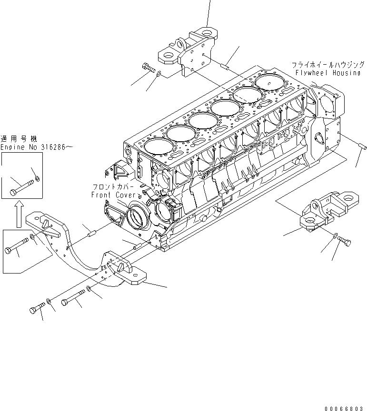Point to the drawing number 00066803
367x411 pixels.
coord(346,408)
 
